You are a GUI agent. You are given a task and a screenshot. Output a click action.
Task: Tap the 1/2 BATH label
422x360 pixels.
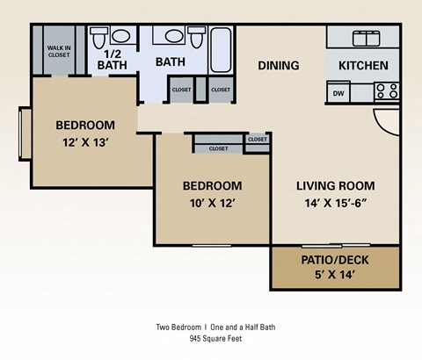tap(112, 59)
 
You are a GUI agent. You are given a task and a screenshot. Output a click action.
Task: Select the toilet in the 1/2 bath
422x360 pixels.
tap(99, 38)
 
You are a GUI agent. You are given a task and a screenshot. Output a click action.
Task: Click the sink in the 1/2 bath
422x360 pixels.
tap(122, 37)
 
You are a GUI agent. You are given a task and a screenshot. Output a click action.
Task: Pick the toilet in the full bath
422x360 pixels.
tap(195, 40)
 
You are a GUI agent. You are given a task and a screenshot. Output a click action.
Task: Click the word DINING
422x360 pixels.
tap(278, 65)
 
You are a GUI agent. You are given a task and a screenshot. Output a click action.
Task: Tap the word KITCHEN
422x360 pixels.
tap(363, 65)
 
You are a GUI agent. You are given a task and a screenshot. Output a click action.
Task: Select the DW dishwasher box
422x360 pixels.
tap(338, 92)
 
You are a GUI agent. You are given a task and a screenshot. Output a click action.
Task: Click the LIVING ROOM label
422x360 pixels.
tap(335, 185)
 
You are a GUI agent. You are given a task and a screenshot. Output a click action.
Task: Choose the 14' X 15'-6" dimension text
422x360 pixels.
tap(335, 203)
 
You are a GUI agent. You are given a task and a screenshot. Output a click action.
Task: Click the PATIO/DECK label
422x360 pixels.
tap(334, 260)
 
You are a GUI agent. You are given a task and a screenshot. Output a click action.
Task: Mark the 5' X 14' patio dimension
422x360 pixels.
tap(334, 277)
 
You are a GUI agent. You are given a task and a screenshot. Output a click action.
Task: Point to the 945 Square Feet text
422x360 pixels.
tap(216, 338)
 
